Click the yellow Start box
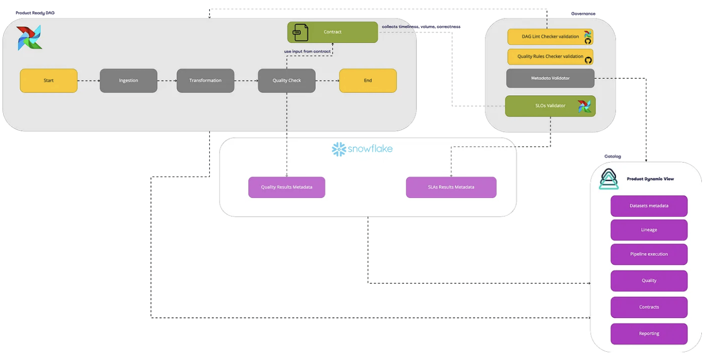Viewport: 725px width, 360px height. (49, 81)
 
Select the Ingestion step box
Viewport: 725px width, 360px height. (129, 81)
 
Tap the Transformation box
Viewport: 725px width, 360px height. (205, 81)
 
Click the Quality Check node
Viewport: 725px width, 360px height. (286, 81)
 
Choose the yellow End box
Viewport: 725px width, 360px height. (368, 81)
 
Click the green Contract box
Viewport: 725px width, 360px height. (333, 32)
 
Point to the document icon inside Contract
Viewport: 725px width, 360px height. (300, 32)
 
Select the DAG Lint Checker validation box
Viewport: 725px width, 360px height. (550, 37)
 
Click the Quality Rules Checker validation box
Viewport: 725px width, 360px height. (550, 57)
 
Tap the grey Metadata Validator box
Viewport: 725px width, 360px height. (550, 78)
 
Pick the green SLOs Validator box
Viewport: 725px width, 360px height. (550, 106)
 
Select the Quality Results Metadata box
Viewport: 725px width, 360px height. (286, 187)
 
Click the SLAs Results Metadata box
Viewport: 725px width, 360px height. (451, 187)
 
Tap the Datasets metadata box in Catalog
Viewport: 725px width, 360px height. (649, 206)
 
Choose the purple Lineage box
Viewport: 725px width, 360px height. (649, 230)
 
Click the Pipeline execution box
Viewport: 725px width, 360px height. (649, 254)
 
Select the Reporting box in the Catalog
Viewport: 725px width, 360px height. (649, 333)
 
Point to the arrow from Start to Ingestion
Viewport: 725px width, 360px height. (88, 81)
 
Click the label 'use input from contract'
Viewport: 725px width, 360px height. (307, 51)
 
